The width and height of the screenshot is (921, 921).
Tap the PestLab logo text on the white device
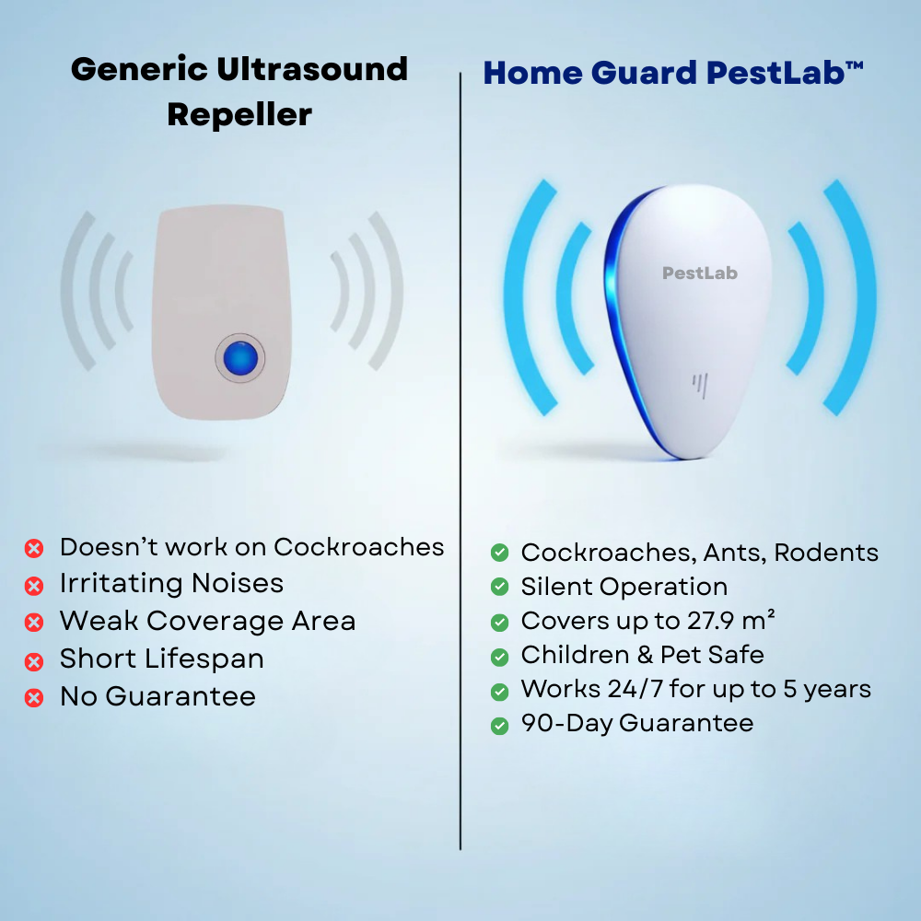(700, 273)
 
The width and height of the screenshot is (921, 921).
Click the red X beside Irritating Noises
(34, 586)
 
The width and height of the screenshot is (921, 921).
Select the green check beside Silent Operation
(499, 587)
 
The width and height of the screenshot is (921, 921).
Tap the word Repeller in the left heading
(239, 115)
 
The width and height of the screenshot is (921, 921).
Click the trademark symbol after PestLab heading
(855, 65)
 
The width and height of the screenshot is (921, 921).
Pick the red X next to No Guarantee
(34, 697)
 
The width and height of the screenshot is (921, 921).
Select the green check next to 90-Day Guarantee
(499, 725)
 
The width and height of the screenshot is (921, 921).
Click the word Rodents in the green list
(826, 553)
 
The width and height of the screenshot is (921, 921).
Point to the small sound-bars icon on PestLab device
(700, 386)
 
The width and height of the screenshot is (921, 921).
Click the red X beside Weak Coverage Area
(34, 623)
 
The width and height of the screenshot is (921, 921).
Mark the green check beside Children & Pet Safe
(499, 657)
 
